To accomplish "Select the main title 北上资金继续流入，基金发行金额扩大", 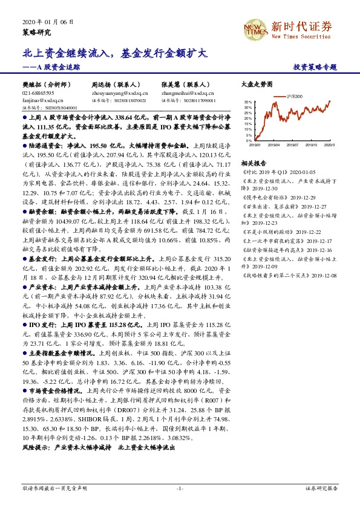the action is pos(115,53).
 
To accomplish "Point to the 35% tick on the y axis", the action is pos(248,103).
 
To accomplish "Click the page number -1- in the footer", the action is pos(180,488).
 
